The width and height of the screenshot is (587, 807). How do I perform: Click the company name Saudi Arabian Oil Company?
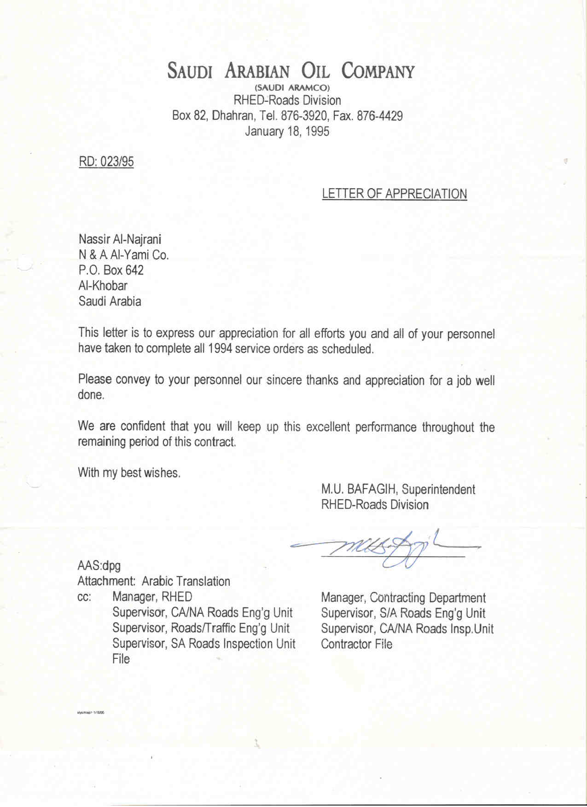tap(291, 71)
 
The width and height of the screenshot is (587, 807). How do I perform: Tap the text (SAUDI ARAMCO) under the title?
tap(291, 87)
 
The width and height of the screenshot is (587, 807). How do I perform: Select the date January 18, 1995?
tap(287, 131)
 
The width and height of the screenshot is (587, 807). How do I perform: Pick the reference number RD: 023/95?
tap(106, 161)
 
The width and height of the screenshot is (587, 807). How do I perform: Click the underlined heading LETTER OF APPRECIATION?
tap(394, 194)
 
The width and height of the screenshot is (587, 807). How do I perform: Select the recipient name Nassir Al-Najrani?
tap(120, 239)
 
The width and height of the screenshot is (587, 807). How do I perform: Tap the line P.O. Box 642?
tap(111, 270)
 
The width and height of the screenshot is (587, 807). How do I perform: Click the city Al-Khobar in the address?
tap(103, 286)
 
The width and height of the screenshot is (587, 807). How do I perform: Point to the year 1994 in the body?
tap(220, 349)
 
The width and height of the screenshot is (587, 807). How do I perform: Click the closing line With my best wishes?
tap(129, 473)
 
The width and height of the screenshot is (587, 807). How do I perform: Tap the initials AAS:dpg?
tap(99, 565)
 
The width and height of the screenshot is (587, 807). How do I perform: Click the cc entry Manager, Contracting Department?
tap(403, 598)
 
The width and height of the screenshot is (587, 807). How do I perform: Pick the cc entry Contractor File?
tap(356, 644)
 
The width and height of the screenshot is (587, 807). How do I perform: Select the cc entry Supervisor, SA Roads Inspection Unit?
tap(203, 644)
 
